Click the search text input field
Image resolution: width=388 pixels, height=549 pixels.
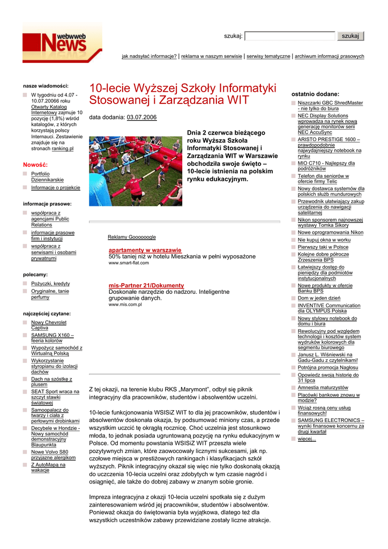point(289,36)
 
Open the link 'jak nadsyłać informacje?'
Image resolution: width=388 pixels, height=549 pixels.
point(149,56)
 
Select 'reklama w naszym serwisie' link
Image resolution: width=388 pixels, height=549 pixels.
point(211,56)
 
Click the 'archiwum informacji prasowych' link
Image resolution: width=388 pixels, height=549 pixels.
point(329,56)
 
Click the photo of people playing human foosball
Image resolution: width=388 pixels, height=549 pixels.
point(136,170)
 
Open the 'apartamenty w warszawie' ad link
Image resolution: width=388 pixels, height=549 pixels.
point(145,250)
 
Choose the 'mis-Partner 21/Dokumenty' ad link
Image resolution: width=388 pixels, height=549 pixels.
point(146,286)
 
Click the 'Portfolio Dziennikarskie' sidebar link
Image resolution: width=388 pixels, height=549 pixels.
point(47,177)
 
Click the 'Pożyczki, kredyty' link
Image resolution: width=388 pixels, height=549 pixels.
point(50,284)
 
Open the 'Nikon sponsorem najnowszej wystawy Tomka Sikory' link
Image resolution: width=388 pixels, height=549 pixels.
point(330,222)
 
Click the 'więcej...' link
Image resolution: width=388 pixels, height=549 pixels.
point(307,439)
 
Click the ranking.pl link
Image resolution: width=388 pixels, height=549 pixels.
point(63,149)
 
